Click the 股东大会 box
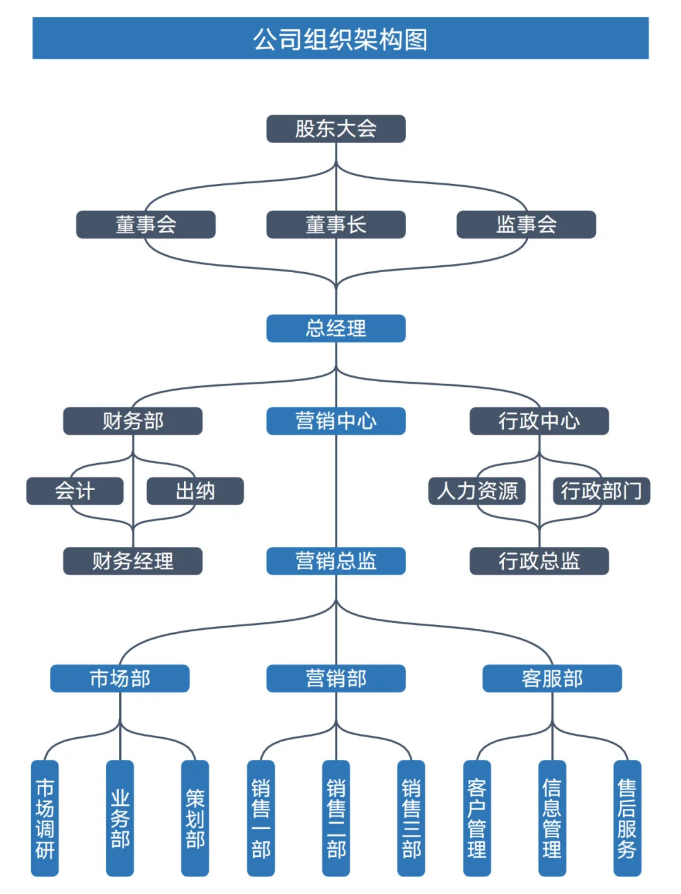[335, 129]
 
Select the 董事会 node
[146, 224]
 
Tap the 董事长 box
[335, 224]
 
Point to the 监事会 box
[526, 224]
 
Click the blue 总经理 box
[335, 328]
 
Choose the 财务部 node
[132, 421]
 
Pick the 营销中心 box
[335, 421]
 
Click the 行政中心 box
[539, 421]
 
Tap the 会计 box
[74, 491]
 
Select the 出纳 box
[195, 491]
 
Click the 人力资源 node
[477, 491]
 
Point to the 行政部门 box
[601, 491]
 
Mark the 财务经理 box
[132, 561]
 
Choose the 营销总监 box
[335, 561]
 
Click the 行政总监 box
[539, 561]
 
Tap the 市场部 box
[120, 679]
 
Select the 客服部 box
[552, 679]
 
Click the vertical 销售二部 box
[335, 818]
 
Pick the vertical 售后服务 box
[627, 818]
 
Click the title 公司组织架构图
[340, 38]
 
